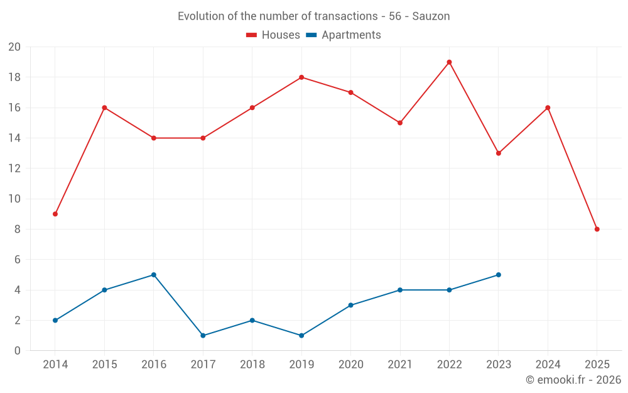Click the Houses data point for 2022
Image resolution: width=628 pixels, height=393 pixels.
click(449, 62)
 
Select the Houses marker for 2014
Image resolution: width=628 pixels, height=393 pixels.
click(55, 214)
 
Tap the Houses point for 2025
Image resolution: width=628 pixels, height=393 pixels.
click(597, 229)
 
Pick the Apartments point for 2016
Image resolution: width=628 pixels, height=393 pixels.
click(154, 275)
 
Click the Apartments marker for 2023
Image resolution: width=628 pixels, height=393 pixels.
click(499, 275)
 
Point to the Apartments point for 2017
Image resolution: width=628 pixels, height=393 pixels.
click(203, 335)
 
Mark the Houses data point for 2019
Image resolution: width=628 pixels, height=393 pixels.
click(301, 77)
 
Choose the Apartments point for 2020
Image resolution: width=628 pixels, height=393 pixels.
click(350, 305)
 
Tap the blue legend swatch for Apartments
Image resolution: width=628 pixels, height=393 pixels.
click(311, 35)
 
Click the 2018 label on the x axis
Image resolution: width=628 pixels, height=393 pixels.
click(252, 365)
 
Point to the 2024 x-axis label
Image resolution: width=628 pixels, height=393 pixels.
click(548, 365)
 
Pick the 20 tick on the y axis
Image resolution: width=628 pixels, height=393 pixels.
click(14, 47)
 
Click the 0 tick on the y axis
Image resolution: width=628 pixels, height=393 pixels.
click(18, 350)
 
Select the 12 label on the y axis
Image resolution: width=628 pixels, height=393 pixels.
click(14, 169)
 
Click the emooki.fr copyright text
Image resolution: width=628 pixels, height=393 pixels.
click(573, 380)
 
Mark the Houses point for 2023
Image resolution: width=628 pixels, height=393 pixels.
click(499, 153)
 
